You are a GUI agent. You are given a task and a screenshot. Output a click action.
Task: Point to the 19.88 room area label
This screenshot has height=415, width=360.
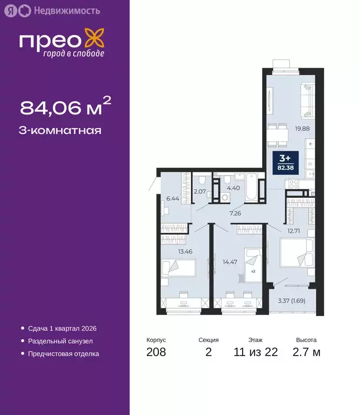pos(302,129)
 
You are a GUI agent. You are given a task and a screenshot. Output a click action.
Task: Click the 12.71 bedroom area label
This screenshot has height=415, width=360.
pos(294,231)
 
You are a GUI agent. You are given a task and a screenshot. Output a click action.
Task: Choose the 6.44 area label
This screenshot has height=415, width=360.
pos(172,198)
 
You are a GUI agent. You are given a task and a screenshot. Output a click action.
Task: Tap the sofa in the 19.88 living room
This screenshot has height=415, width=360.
pos(307,99)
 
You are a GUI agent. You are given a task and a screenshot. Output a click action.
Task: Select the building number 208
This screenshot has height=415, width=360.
pos(156,353)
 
